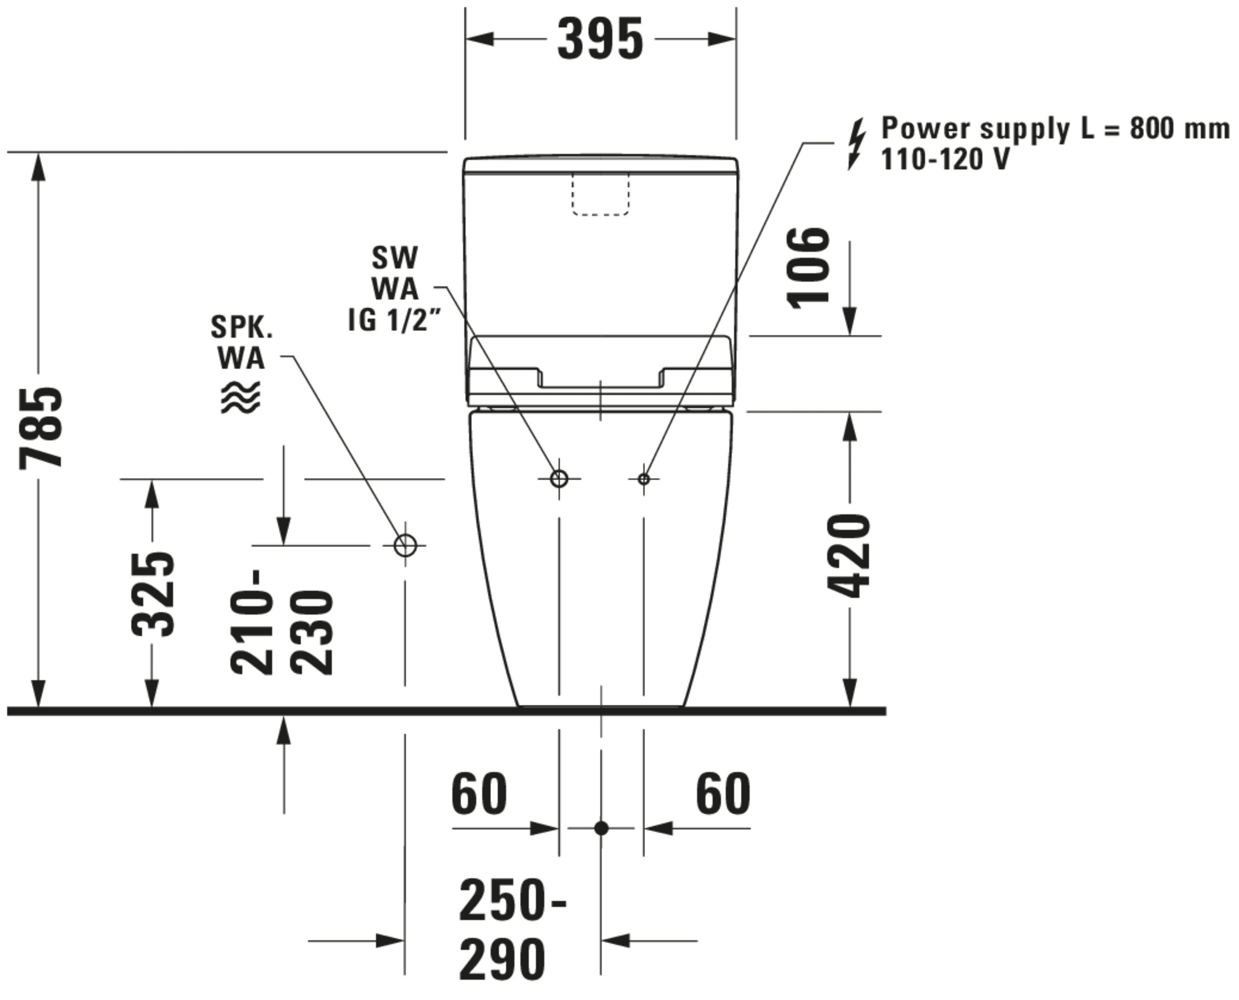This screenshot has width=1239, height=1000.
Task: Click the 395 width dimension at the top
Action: click(x=600, y=40)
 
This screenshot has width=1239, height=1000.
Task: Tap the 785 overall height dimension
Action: click(x=41, y=428)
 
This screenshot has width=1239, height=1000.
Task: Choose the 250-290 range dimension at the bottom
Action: click(x=512, y=929)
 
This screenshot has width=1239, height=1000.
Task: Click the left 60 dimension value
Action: click(x=479, y=794)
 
